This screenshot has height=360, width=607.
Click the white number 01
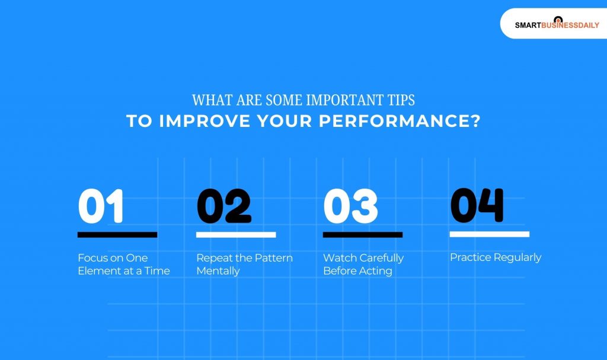point(101,206)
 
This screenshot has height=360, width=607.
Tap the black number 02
point(223,206)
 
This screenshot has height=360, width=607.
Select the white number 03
point(350,206)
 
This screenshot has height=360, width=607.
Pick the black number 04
point(477,205)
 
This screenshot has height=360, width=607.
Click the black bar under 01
point(117,235)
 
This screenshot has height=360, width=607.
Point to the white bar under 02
point(236,235)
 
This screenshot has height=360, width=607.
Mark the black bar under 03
point(363,235)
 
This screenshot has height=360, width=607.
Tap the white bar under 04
point(489,234)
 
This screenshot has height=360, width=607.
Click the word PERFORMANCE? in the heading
point(399,121)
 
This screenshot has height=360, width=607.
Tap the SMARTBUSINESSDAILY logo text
point(557,26)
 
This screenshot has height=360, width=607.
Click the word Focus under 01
point(92,258)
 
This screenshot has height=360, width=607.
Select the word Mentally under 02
point(218,271)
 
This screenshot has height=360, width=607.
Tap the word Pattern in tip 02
point(273,258)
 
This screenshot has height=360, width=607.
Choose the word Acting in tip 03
point(376,271)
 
